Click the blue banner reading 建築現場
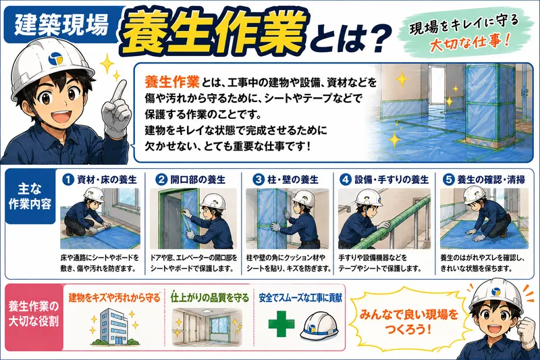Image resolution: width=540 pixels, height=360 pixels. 62,25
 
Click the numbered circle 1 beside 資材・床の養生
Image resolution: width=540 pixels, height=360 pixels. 68,180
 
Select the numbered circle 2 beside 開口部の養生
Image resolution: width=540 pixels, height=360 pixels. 161,180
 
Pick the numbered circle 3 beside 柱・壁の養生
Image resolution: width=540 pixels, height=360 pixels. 258,180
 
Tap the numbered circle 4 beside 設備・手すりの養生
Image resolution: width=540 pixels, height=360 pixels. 346,180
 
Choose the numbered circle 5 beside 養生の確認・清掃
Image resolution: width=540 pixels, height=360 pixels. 448,180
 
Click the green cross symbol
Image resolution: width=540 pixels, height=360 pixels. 281,324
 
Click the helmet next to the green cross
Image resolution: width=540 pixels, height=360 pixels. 319,327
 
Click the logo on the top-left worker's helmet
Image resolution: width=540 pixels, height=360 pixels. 55,59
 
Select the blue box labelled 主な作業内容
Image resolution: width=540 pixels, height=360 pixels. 30,197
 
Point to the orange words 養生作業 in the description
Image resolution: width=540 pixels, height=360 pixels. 172,82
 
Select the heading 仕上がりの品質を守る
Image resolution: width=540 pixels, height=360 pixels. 209,298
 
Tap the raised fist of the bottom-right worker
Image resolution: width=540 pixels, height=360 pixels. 527,330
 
